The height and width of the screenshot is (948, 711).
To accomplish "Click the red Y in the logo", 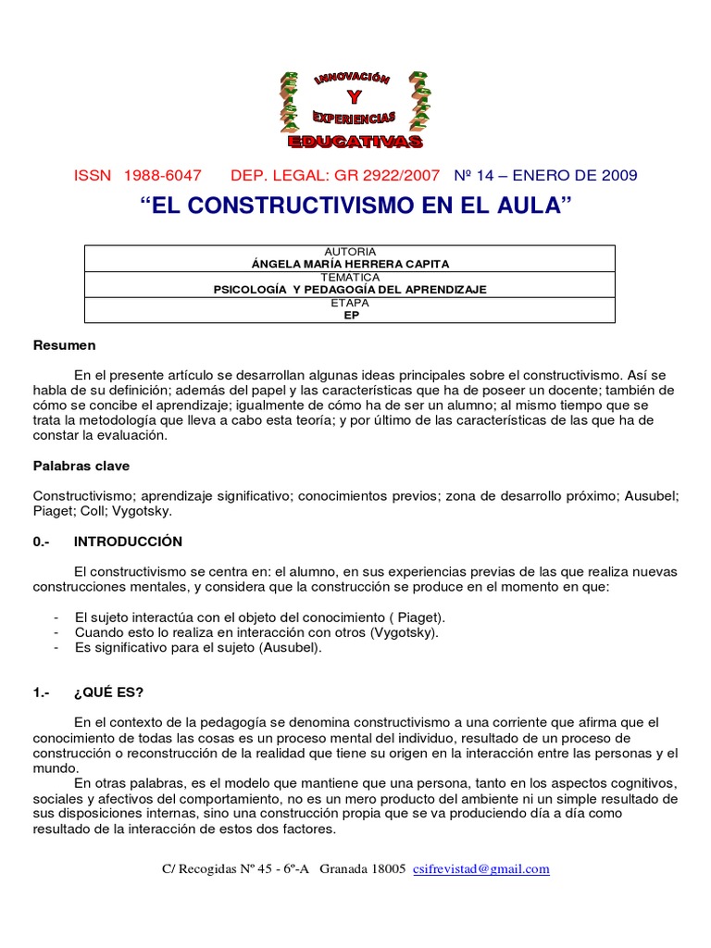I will [x=355, y=98].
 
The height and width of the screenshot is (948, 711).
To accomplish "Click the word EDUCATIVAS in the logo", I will [x=355, y=142].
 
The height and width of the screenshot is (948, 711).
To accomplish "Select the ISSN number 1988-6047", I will [x=161, y=176].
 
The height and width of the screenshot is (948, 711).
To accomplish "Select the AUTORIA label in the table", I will [x=350, y=252].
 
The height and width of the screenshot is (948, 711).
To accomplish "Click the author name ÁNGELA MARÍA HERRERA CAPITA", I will [x=350, y=263].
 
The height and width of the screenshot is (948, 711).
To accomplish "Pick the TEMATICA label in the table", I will [x=350, y=277].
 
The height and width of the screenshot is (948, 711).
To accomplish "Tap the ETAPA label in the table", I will [x=350, y=302].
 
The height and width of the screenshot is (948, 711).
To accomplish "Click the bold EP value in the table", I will [x=350, y=314].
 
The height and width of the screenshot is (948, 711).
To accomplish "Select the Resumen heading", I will [x=65, y=345].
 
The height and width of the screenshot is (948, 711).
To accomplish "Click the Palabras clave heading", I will [x=81, y=466].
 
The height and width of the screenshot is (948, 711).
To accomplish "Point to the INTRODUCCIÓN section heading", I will [x=128, y=542].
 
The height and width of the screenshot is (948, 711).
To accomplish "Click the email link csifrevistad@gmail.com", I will [x=481, y=868].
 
